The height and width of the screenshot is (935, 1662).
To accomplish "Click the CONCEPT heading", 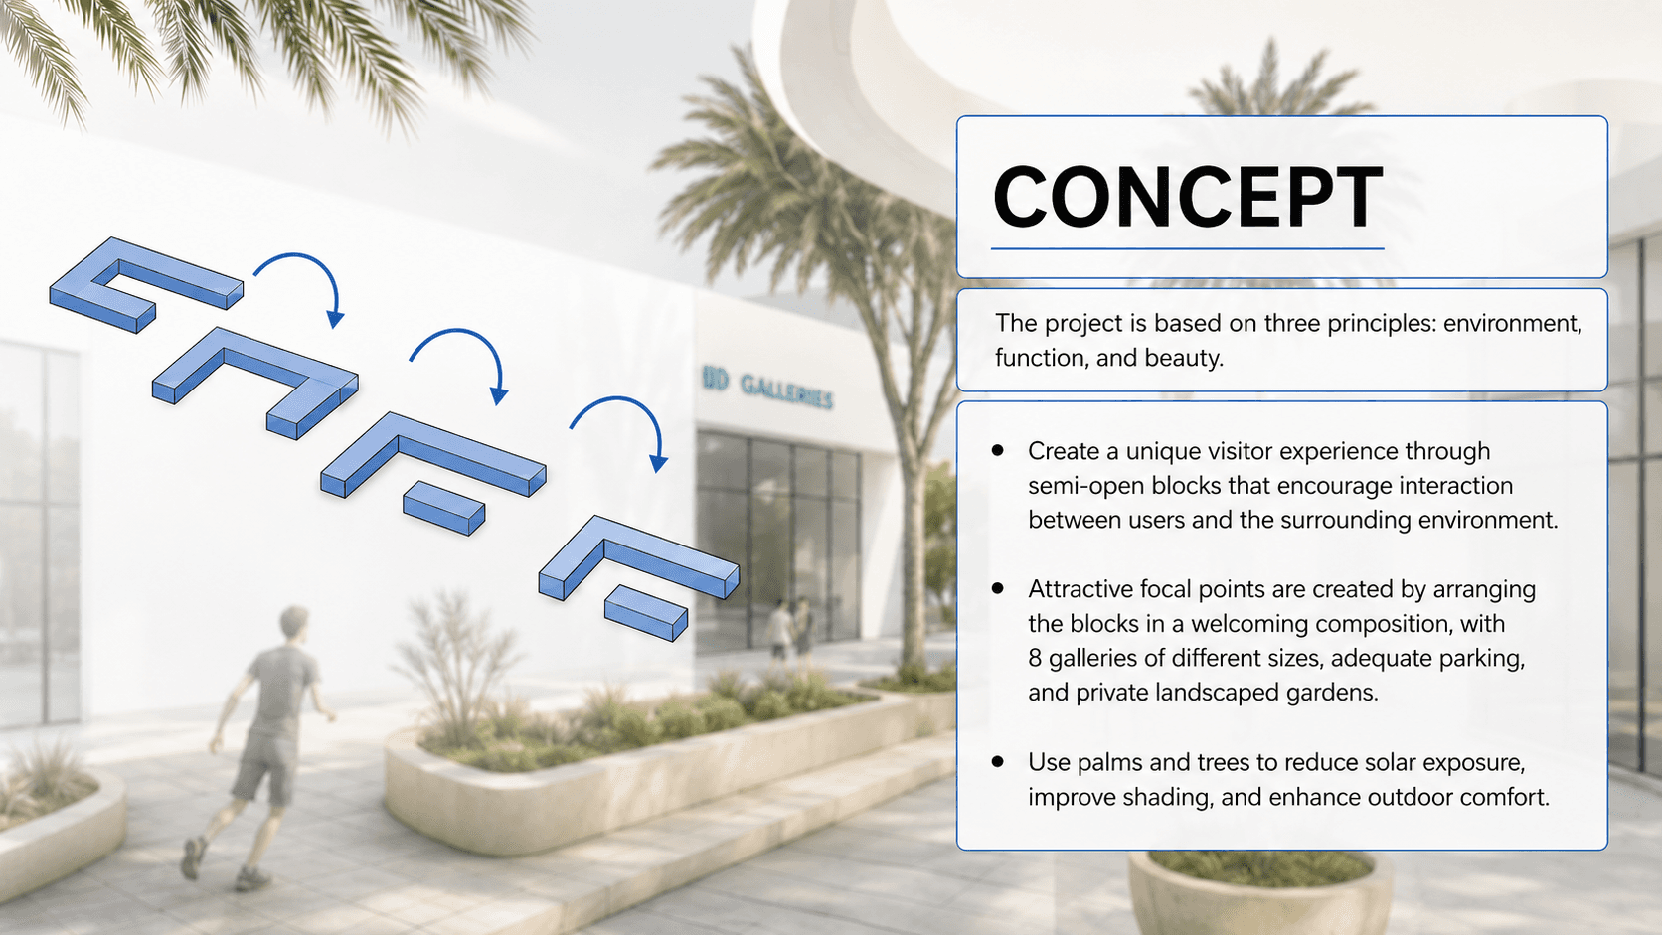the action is pos(1187,197).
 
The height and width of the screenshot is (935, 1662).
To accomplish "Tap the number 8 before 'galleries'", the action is pos(1035,658).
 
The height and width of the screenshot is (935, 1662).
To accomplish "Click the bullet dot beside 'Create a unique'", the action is pos(998,450).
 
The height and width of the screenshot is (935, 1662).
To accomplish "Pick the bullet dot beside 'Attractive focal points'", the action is pos(998,588).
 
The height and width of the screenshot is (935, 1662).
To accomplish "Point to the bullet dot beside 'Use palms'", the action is pos(998,761).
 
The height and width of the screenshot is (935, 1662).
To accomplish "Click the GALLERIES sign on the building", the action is pos(768,388).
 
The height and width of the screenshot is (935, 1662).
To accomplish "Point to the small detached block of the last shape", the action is pos(645,612).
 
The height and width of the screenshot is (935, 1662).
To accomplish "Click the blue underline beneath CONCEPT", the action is pos(1187,249).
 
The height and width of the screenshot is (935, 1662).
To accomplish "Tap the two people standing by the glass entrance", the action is pos(790,630).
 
